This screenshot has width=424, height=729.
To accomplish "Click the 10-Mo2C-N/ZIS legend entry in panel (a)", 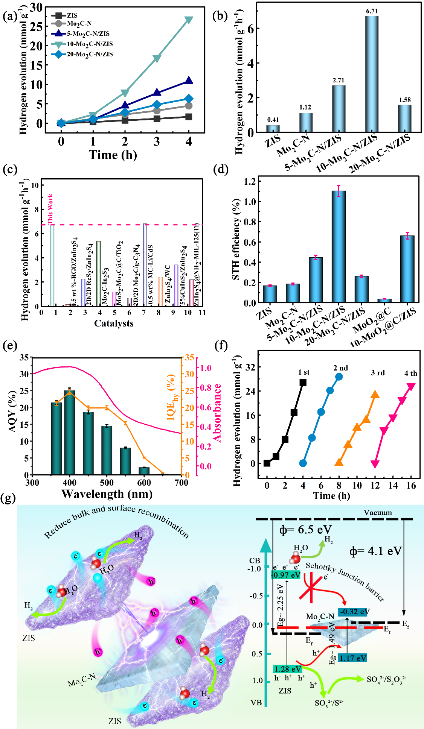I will click(90, 44).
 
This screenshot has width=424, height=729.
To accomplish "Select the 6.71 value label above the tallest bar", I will click(372, 11).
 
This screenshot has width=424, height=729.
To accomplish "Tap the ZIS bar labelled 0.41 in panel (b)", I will click(273, 128).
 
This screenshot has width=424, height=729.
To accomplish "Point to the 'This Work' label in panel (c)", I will click(50, 209).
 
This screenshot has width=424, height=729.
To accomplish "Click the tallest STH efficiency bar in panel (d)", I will click(339, 246).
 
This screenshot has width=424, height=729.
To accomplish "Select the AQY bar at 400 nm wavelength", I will click(70, 433).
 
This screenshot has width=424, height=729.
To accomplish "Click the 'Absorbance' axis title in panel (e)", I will click(217, 412).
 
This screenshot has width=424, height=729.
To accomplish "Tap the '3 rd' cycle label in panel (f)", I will click(378, 373).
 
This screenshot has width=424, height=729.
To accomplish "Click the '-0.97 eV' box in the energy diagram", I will click(286, 575).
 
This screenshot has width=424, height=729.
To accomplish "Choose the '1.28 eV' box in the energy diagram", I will click(288, 669).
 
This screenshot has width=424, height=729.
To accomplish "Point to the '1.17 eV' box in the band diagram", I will click(352, 658).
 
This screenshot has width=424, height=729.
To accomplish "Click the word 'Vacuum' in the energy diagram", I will click(378, 513).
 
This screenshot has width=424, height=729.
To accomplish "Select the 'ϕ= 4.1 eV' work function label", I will click(376, 551).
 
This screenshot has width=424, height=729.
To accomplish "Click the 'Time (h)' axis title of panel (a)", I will click(113, 155).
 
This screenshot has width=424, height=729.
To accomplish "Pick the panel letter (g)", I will click(9, 499).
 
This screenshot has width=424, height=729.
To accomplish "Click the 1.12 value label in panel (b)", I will click(305, 108).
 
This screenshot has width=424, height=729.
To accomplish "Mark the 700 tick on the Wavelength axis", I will click(181, 483).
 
